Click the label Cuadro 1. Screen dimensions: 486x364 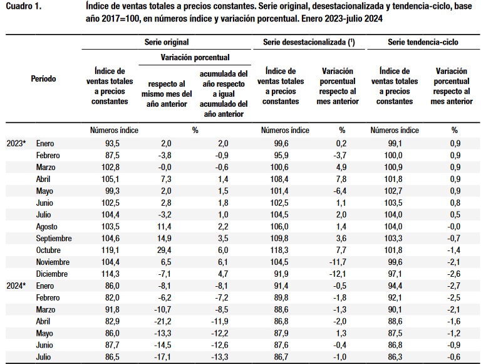point(24,6)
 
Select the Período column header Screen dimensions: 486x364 point(43,78)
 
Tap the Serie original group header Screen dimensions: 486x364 point(167,42)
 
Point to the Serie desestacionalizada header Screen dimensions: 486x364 point(309,42)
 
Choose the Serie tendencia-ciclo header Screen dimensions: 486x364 point(423,42)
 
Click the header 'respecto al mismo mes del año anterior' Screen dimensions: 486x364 point(167,94)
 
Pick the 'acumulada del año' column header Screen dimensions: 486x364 point(224,94)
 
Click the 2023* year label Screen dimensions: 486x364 point(16,143)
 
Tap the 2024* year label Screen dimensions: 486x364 point(16,286)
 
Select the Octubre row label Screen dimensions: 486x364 point(48,250)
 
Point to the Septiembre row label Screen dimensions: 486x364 point(54,238)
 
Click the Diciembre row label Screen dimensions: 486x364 point(52,274)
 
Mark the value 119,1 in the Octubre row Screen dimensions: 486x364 point(110,250)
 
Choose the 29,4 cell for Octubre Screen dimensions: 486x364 point(164,250)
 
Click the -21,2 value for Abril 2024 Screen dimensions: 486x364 point(163,321)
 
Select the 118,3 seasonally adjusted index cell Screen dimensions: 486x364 point(279,250)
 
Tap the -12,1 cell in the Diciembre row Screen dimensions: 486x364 point(338,274)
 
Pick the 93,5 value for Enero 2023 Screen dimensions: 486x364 point(112,143)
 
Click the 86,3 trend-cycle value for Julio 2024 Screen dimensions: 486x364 point(395,357)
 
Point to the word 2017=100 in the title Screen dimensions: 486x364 point(122,19)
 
